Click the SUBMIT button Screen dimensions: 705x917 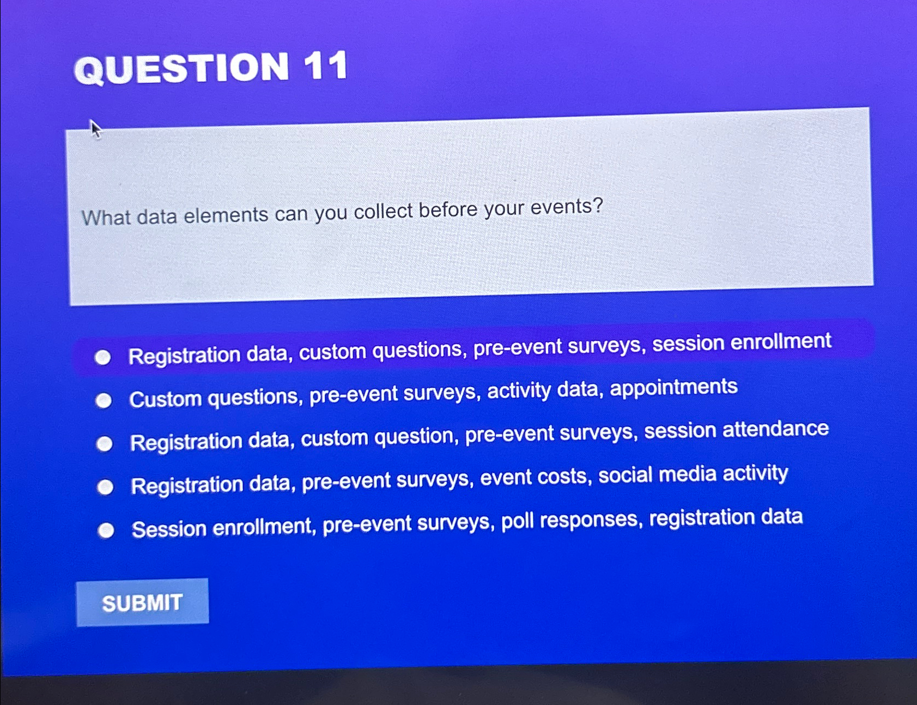coord(142,602)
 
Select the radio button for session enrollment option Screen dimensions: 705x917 coord(102,357)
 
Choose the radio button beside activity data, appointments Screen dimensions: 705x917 coord(104,401)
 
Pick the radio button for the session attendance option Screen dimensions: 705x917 coord(104,444)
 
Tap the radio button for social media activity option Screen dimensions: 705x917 coord(105,486)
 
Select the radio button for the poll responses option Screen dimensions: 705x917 coord(106,530)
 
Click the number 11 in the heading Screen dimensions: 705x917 coord(326,67)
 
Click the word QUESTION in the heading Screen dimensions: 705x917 coord(181,69)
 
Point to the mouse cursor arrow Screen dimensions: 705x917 coord(95,129)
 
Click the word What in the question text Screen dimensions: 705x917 coord(106,218)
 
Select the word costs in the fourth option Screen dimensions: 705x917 coord(562,477)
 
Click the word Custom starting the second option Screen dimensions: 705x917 coord(166,399)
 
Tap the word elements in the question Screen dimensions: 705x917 coord(226,215)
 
